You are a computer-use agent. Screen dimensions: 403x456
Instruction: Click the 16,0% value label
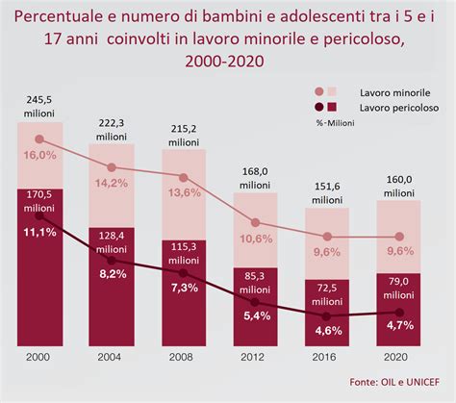(x=40, y=154)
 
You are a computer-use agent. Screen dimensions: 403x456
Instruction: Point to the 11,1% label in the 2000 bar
(x=40, y=233)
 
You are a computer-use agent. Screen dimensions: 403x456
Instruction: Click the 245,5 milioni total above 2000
(x=40, y=106)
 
